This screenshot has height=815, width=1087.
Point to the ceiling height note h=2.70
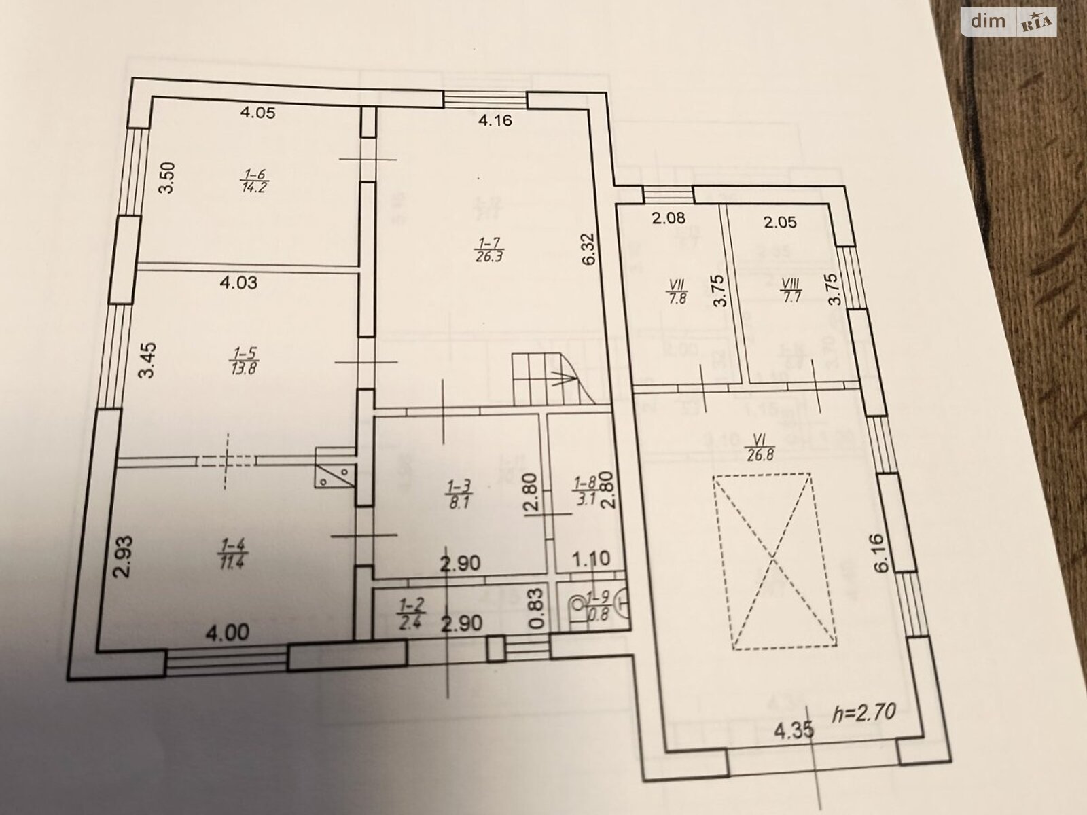point(864,711)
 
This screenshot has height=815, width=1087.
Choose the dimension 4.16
point(495,122)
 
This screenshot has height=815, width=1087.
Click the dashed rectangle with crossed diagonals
point(774,561)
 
